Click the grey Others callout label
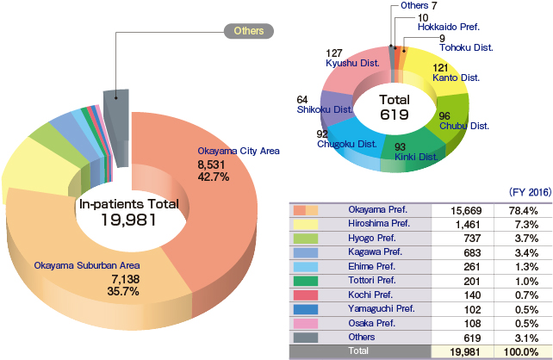[249, 31]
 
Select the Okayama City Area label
[239, 151]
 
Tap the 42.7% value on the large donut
[214, 177]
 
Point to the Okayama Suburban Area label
[87, 265]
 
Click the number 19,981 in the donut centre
[128, 220]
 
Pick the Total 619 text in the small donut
[395, 107]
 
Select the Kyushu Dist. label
[352, 63]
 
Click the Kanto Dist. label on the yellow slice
[456, 78]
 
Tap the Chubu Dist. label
[464, 126]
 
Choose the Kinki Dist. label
[416, 157]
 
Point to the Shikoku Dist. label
[325, 109]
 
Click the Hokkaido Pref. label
[449, 27]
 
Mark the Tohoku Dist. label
[466, 47]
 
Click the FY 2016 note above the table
[530, 192]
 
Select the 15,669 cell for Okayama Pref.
[466, 210]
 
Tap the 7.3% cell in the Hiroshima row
[526, 225]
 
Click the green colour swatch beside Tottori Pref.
[306, 281]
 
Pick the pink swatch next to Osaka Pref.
[306, 323]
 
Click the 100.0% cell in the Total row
[521, 352]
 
